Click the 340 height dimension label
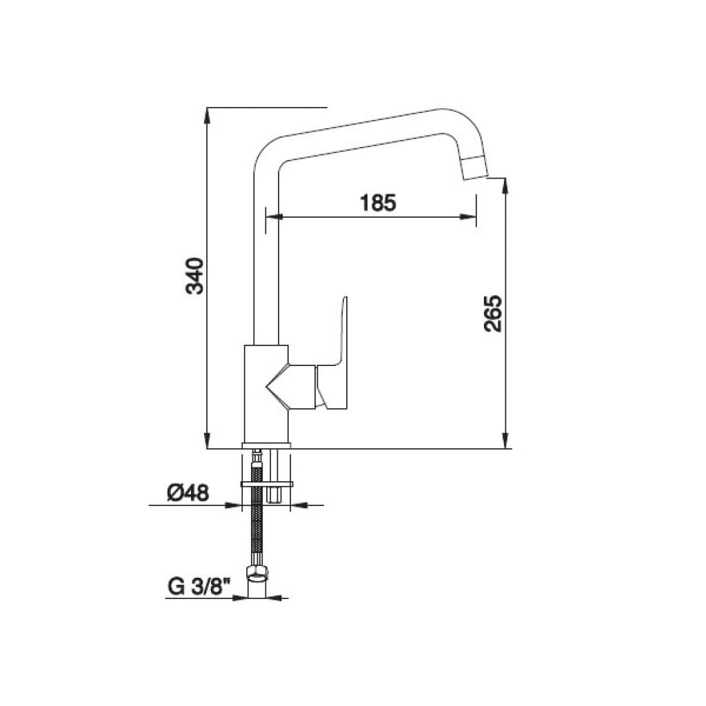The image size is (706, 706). pyautogui.click(x=194, y=276)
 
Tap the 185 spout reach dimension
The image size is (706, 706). pyautogui.click(x=379, y=203)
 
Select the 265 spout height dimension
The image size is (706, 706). pyautogui.click(x=492, y=314)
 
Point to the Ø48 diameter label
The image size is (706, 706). pyautogui.click(x=188, y=493)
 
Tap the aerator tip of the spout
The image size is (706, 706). pyautogui.click(x=474, y=168)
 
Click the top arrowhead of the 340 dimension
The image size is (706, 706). pyautogui.click(x=207, y=115)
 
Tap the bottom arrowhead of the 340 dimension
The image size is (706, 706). pyautogui.click(x=207, y=441)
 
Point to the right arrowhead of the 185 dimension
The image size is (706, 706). pyautogui.click(x=468, y=217)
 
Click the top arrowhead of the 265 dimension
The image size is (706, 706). pyautogui.click(x=505, y=186)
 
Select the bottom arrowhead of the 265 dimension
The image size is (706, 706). pyautogui.click(x=505, y=441)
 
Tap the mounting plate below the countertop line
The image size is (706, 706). pyautogui.click(x=267, y=485)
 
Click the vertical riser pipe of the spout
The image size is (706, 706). pyautogui.click(x=266, y=252)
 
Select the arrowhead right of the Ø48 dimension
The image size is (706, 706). pyautogui.click(x=299, y=505)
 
